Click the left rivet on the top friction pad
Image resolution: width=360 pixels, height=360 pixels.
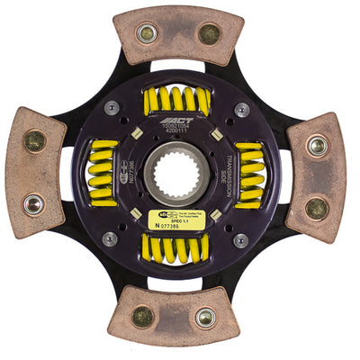point(146,33)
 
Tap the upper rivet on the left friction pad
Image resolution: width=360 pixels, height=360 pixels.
point(34,141)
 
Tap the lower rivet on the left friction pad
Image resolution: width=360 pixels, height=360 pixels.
point(34,204)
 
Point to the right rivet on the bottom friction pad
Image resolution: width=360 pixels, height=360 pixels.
point(206,317)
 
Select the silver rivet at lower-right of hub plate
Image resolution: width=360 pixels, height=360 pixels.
point(240,240)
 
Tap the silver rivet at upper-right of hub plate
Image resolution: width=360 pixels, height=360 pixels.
point(241,109)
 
